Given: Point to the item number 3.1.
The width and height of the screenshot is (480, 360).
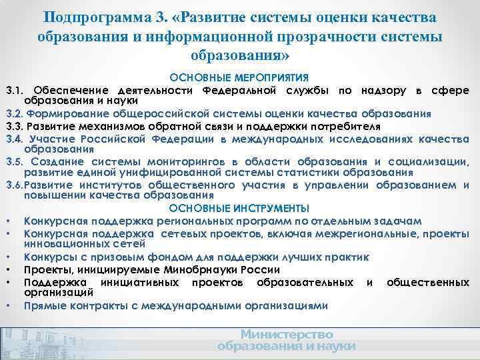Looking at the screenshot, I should (x=15, y=90).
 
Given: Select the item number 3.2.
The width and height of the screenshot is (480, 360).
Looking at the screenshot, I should (x=15, y=113).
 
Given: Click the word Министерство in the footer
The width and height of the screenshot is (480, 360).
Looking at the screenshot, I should (x=287, y=334).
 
